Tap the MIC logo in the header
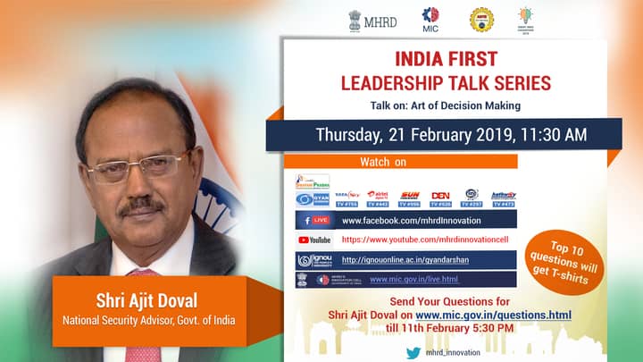430,20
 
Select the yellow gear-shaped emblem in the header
481,19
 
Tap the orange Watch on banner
384,162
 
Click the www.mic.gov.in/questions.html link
493,315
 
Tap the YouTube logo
313,240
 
